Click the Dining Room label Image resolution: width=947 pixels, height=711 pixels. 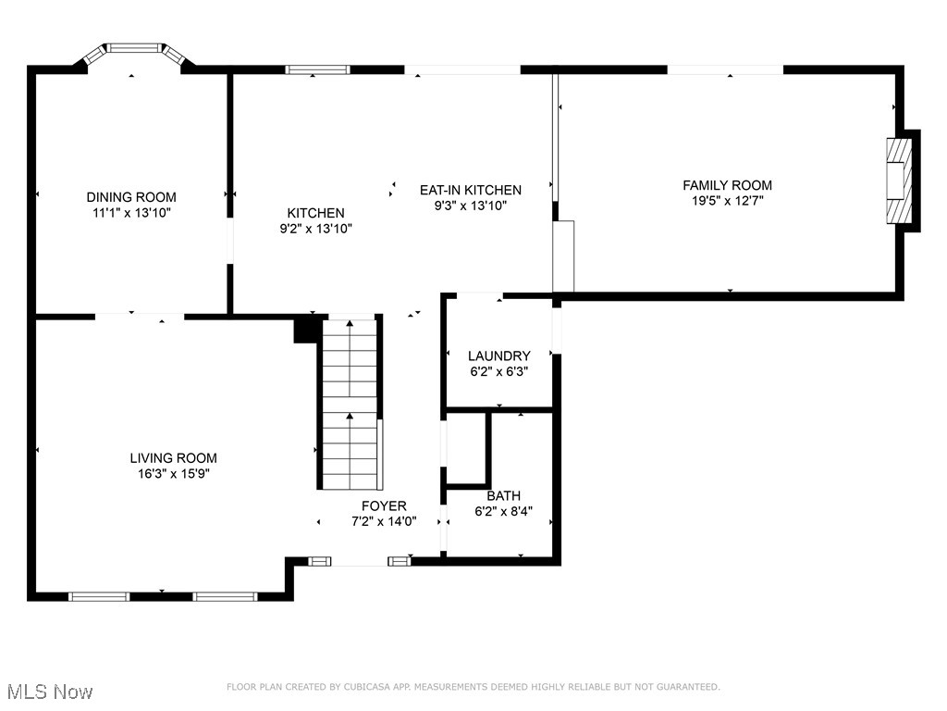pos(131,197)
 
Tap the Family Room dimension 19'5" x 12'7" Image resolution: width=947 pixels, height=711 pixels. pos(727,200)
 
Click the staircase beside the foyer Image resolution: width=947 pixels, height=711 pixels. pos(350,404)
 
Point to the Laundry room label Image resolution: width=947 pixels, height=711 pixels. pos(498,356)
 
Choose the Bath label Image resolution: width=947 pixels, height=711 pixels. pos(503,496)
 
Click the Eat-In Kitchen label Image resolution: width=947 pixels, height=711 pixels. pos(471,190)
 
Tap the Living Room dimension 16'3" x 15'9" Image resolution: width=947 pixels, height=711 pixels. pos(173,473)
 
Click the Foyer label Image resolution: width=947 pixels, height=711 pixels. pos(384,505)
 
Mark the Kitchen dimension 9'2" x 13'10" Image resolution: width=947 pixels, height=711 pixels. pos(315,228)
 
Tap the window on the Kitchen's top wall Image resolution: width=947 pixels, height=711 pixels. pos(316,69)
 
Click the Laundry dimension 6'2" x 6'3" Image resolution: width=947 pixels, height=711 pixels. pos(498,371)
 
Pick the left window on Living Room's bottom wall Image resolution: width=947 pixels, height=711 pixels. pos(100,596)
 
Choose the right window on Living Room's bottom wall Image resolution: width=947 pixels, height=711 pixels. pos(224,596)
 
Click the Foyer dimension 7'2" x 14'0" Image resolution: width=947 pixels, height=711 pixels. pos(384,521)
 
